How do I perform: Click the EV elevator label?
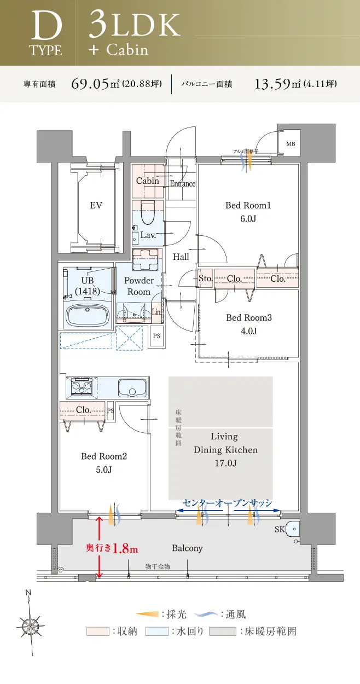click(x=96, y=206)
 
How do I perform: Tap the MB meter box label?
click(x=289, y=144)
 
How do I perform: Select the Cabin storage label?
click(x=147, y=181)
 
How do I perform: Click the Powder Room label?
click(x=139, y=286)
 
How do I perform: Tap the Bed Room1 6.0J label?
click(x=248, y=212)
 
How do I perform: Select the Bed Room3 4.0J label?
click(x=249, y=324)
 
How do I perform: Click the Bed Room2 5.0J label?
click(x=104, y=462)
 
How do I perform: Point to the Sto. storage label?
click(x=205, y=279)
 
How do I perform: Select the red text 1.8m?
click(x=125, y=549)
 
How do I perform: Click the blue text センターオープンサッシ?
click(x=227, y=503)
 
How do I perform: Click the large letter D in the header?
click(x=45, y=27)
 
